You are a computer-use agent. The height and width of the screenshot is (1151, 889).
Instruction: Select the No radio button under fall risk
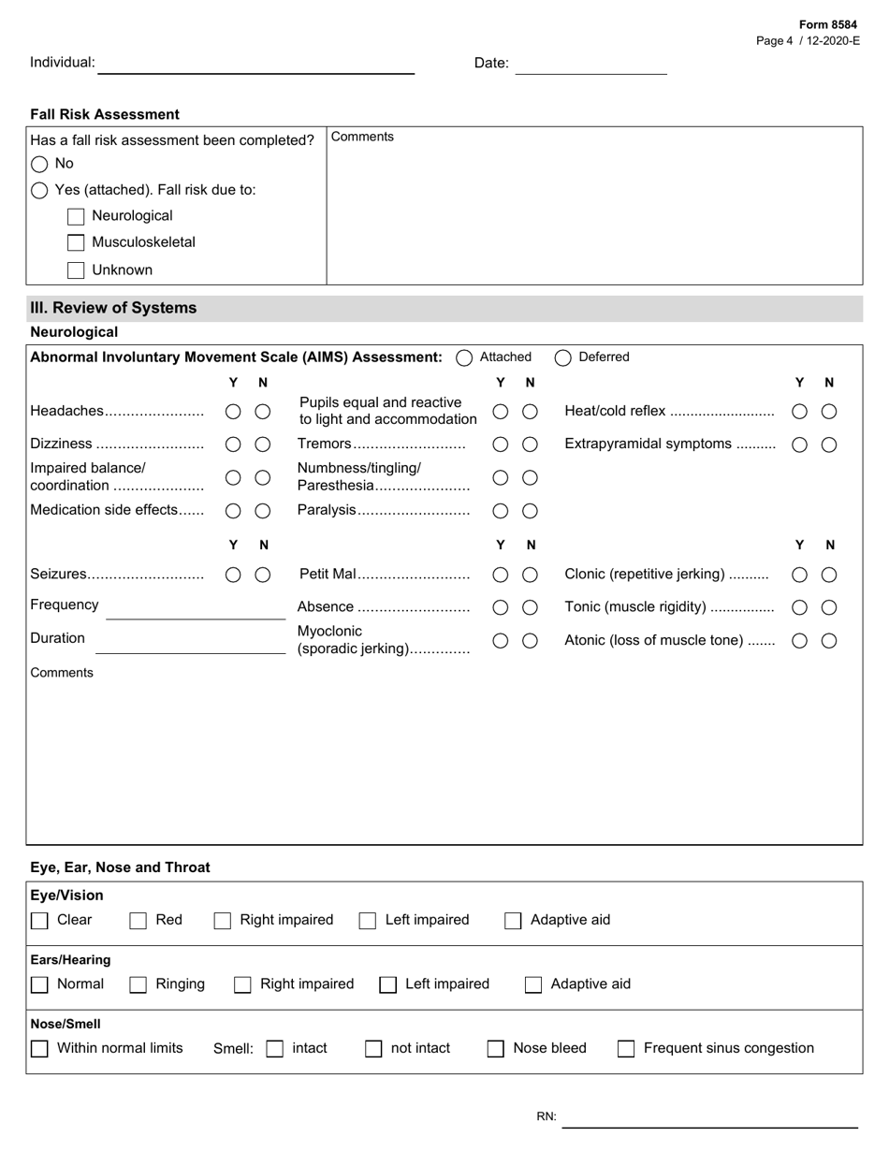[39, 164]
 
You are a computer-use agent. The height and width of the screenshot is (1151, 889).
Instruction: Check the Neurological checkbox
[76, 217]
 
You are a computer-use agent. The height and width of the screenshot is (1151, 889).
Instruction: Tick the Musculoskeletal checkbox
[76, 243]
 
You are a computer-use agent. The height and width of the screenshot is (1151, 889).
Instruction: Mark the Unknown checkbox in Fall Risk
[76, 270]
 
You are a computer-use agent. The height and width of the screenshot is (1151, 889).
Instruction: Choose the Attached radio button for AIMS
[464, 357]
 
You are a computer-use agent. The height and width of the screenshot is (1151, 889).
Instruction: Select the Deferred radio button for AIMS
[562, 357]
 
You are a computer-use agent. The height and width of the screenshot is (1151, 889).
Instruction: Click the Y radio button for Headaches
[233, 412]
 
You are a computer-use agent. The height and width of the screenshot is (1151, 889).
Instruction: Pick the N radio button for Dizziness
[263, 444]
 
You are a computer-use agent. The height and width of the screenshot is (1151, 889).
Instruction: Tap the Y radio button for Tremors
[501, 444]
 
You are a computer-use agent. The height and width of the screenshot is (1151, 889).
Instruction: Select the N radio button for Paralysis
[530, 511]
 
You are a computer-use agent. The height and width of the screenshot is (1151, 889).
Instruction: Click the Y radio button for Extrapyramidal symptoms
[799, 445]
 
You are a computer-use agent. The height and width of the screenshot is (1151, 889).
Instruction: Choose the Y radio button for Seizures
[233, 575]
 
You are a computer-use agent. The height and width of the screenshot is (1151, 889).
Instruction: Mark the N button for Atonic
[829, 641]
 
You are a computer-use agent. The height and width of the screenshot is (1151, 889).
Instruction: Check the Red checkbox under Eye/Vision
[138, 921]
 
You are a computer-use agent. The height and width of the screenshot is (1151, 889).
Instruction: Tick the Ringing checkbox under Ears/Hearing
[138, 984]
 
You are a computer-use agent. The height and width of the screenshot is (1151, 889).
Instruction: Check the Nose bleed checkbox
[496, 1049]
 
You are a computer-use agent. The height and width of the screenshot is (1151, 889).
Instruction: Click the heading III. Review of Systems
[114, 308]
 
